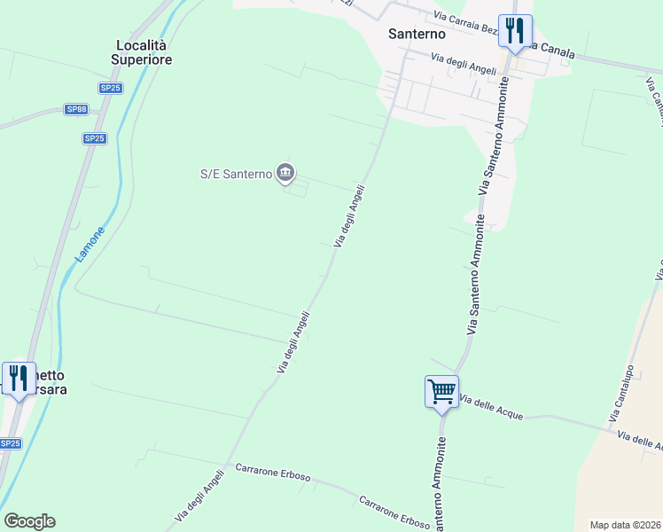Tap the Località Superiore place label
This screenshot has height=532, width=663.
click(142, 52)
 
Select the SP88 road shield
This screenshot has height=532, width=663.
click(77, 109)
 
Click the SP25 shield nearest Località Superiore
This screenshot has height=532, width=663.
click(110, 88)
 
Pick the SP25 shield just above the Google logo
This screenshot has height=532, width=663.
click(10, 443)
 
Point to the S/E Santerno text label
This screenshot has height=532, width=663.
click(235, 174)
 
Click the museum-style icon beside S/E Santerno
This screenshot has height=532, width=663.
click(285, 173)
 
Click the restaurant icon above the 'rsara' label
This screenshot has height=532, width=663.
click(18, 378)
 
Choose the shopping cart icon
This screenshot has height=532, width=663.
click(441, 390)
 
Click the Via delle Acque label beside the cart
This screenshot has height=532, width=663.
click(492, 409)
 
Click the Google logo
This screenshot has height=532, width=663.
click(29, 520)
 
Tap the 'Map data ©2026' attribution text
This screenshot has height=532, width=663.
click(625, 525)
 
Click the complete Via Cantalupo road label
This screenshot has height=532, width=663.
click(621, 393)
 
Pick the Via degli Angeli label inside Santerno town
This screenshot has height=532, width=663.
click(464, 64)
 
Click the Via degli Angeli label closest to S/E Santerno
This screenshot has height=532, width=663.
click(349, 215)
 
